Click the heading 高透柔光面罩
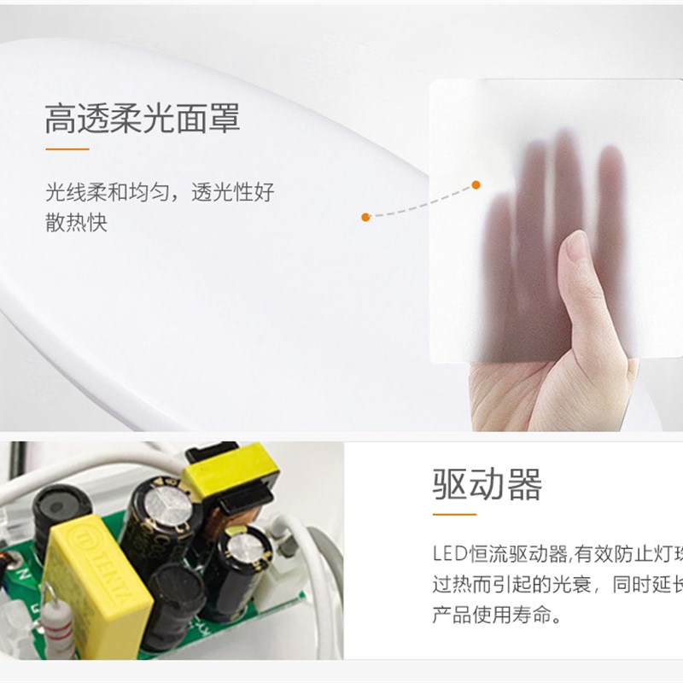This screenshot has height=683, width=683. click(143, 120)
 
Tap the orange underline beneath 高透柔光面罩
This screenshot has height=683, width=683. click(67, 149)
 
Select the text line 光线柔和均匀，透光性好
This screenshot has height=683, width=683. click(160, 192)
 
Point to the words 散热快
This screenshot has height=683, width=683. click(77, 223)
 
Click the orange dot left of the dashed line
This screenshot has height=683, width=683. click(365, 217)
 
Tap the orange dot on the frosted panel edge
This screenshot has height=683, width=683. click(476, 184)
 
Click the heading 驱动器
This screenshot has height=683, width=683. click(487, 484)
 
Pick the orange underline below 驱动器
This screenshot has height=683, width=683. click(453, 514)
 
